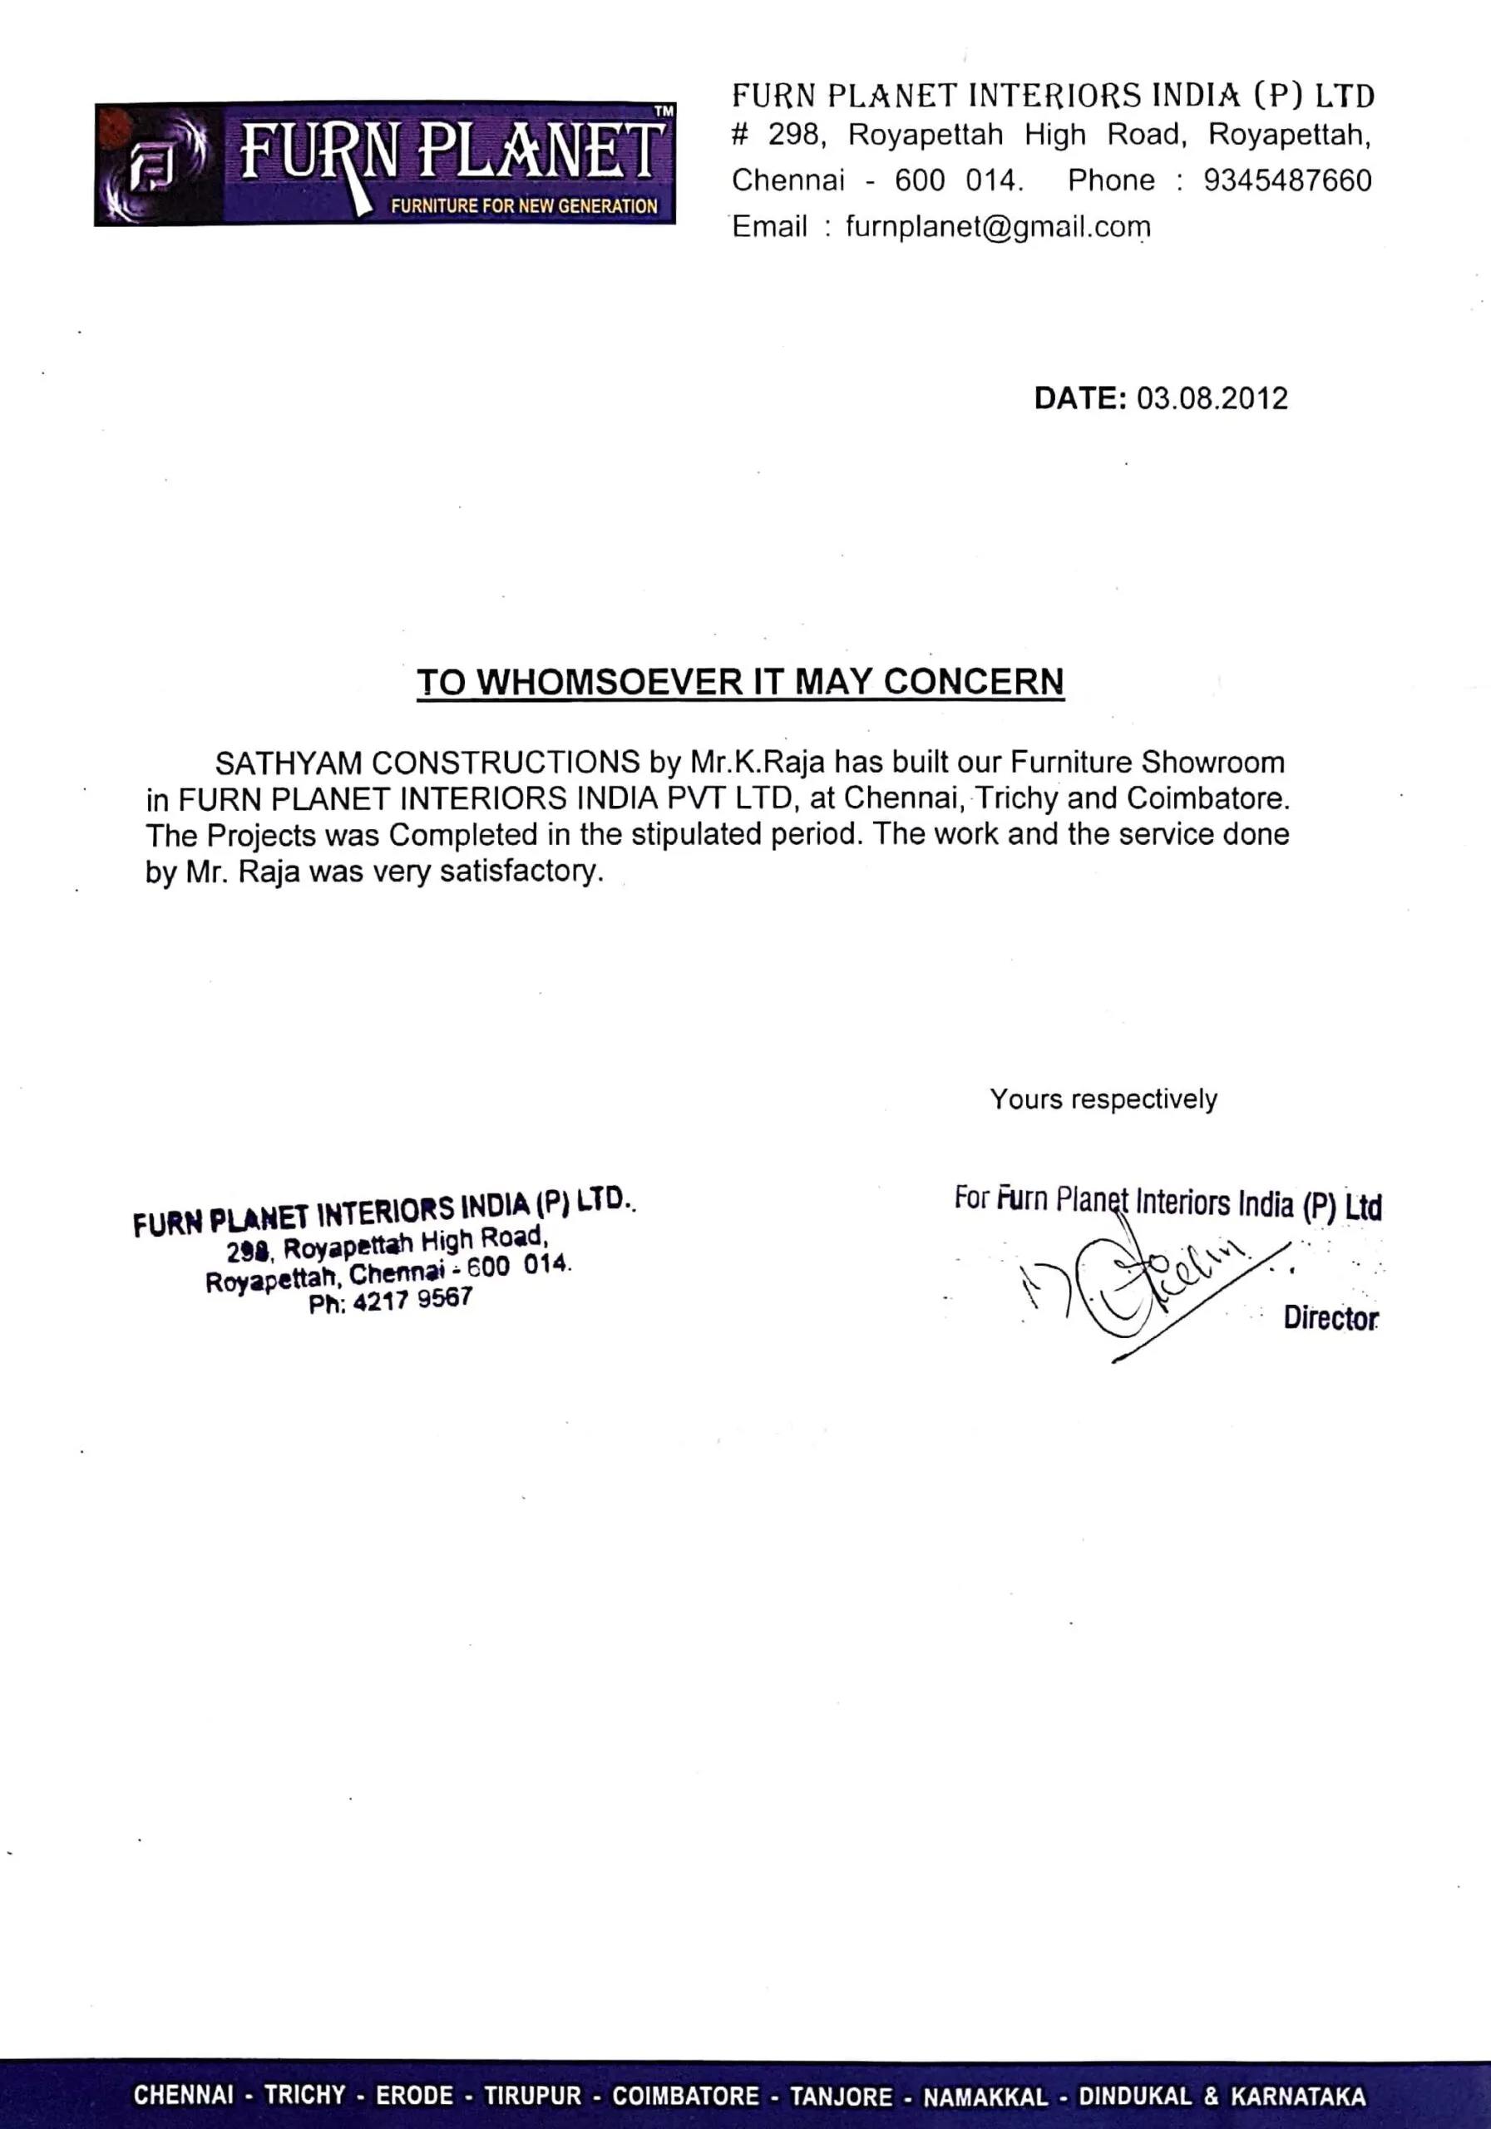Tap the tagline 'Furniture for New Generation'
click(x=524, y=206)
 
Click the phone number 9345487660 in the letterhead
click(x=1287, y=180)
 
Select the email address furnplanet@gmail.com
click(x=998, y=226)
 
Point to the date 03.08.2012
click(x=1212, y=398)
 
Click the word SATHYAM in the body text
click(x=289, y=763)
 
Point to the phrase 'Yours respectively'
click(x=1103, y=1099)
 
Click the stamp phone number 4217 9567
click(x=412, y=1300)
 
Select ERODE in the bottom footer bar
click(x=414, y=2096)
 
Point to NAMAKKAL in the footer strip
click(x=985, y=2096)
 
